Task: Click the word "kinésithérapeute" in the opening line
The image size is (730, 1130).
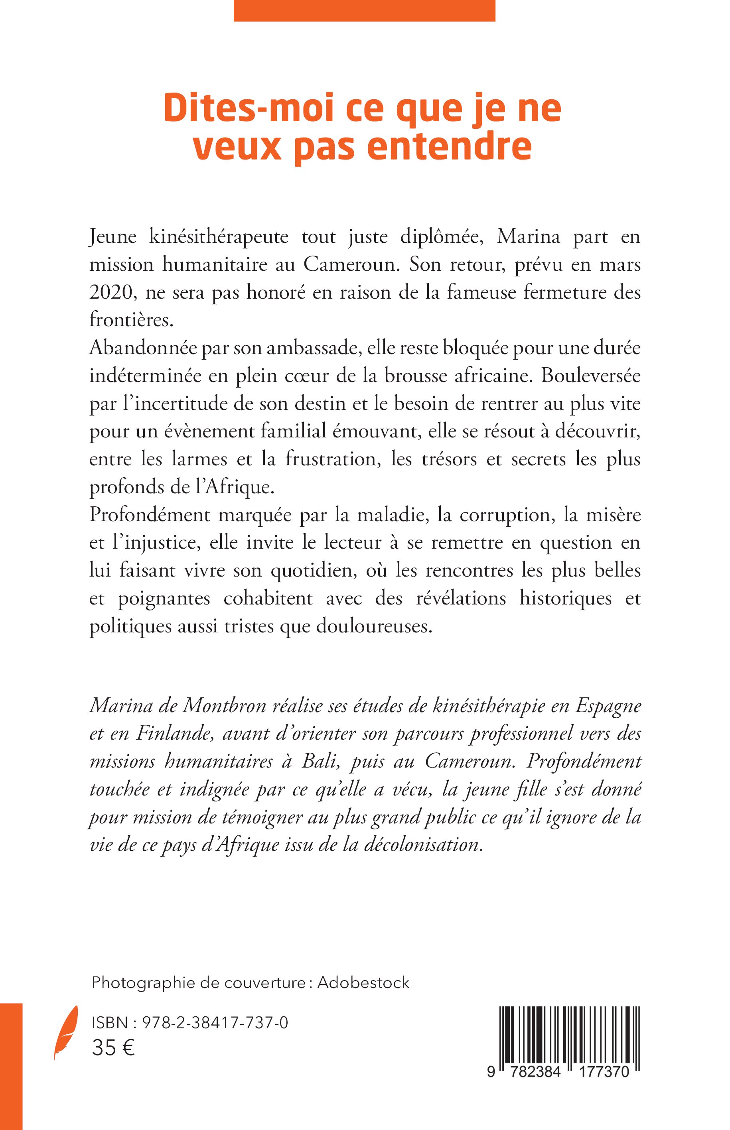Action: [x=219, y=236]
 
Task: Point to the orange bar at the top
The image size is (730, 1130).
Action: [x=364, y=10]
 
